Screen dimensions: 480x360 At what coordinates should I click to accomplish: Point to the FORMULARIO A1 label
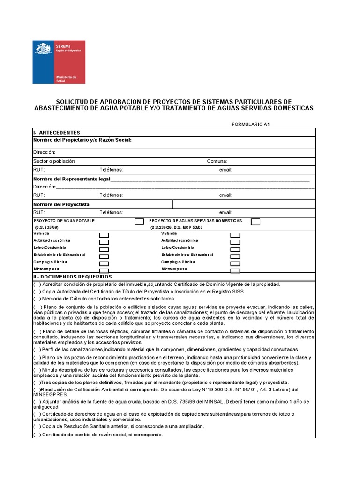[x=251, y=124]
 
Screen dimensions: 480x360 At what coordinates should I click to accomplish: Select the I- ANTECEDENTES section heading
[x=57, y=133]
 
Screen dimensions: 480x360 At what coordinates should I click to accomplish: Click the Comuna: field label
[x=217, y=161]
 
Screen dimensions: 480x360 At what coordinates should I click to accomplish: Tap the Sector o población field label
[x=54, y=161]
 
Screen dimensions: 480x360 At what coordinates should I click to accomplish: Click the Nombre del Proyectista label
[x=61, y=204]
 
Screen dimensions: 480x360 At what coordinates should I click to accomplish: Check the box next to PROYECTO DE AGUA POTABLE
[x=139, y=221]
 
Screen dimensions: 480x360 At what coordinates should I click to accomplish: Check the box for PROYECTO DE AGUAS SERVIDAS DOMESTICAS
[x=255, y=221]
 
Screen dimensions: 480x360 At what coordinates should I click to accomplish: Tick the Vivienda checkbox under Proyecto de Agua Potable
[x=104, y=235]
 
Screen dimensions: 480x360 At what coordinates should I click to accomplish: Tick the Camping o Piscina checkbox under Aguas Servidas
[x=235, y=263]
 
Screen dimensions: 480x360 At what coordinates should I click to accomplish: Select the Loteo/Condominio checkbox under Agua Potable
[x=104, y=249]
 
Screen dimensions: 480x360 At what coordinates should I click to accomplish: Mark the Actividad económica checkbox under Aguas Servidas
[x=235, y=242]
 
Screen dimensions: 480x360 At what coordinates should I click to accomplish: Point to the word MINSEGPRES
[x=50, y=394]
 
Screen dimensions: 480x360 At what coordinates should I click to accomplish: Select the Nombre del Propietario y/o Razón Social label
[x=82, y=140]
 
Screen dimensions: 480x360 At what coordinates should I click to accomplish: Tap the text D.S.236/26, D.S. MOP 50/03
[x=177, y=227]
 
